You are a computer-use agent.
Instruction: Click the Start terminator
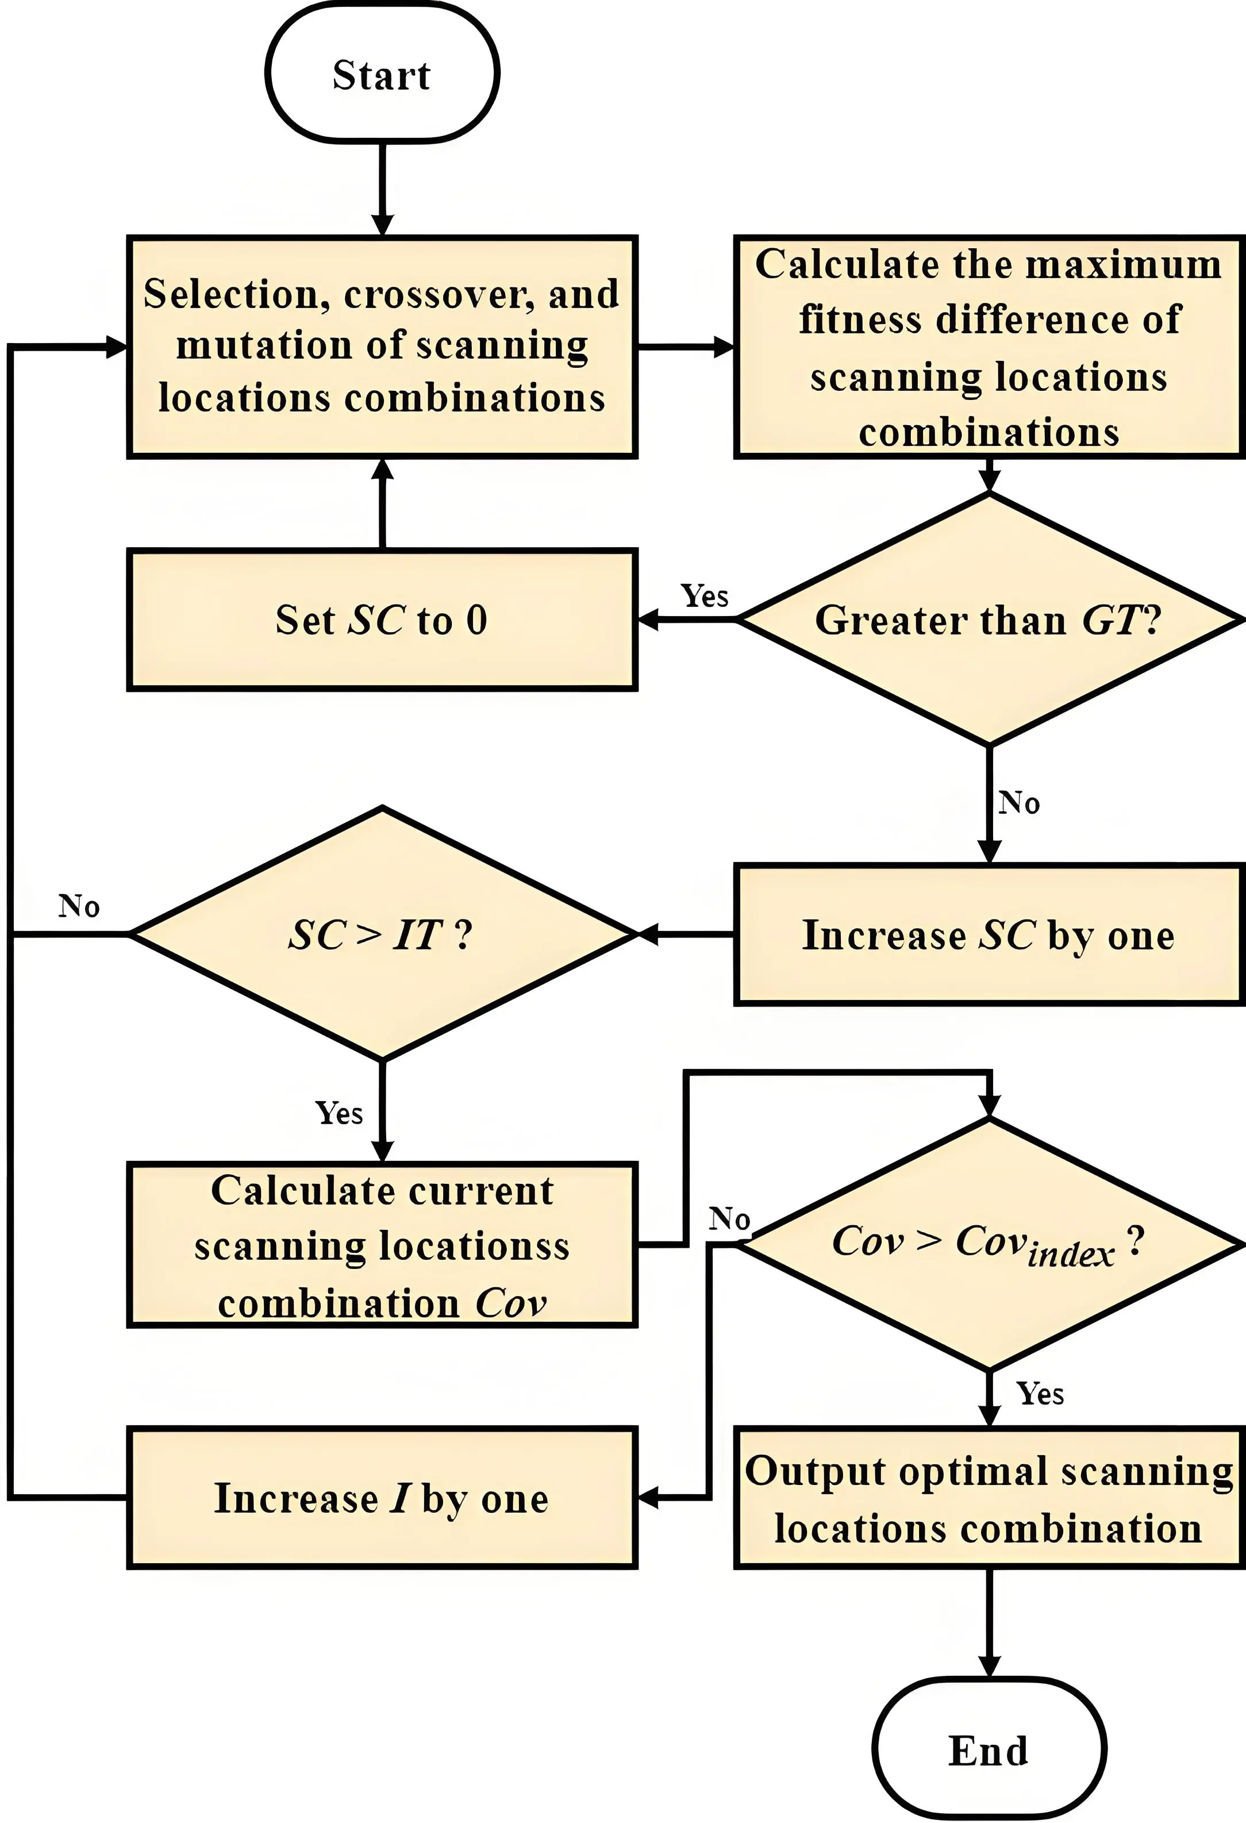[x=382, y=75]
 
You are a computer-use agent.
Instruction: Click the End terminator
[x=989, y=1750]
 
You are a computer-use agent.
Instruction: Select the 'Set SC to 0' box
[x=382, y=620]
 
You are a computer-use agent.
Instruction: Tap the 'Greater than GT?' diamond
[x=989, y=620]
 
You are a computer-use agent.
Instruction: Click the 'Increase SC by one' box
[x=989, y=934]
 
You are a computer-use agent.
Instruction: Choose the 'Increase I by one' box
[x=382, y=1498]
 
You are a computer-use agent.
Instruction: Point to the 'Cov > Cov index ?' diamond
[x=989, y=1243]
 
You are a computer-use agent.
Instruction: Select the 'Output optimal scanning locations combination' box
[x=989, y=1498]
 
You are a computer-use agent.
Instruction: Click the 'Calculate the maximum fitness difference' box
[x=989, y=347]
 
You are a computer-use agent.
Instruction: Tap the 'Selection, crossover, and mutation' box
[x=382, y=347]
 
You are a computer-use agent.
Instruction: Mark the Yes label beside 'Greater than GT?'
[x=704, y=596]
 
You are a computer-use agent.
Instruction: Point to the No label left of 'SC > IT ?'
[x=79, y=906]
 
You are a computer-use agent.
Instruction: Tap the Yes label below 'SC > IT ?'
[x=339, y=1113]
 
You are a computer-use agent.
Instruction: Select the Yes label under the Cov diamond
[x=1040, y=1394]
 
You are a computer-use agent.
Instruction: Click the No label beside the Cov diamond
[x=729, y=1218]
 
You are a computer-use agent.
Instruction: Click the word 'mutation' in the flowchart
[x=263, y=345]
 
